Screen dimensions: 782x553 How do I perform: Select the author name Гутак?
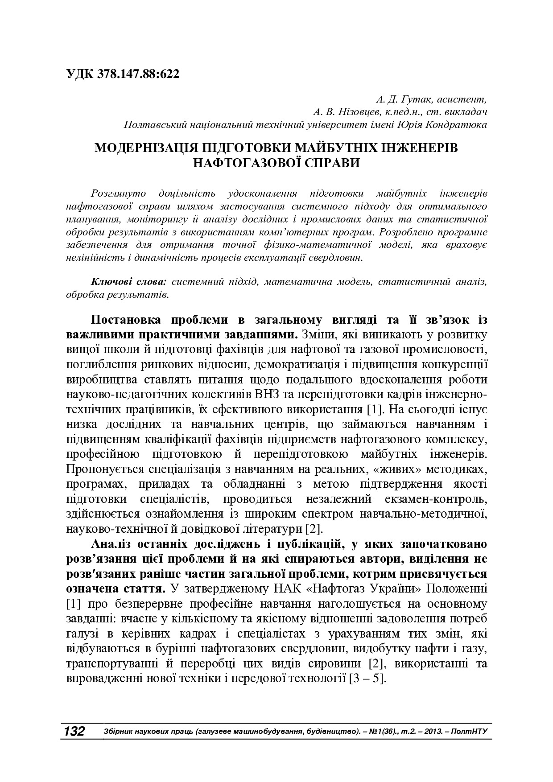[x=417, y=99]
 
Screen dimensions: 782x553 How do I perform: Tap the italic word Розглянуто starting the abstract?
[x=118, y=193]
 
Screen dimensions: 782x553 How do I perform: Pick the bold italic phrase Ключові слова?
[x=128, y=282]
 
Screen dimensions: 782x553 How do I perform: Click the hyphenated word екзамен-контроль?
[x=426, y=499]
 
